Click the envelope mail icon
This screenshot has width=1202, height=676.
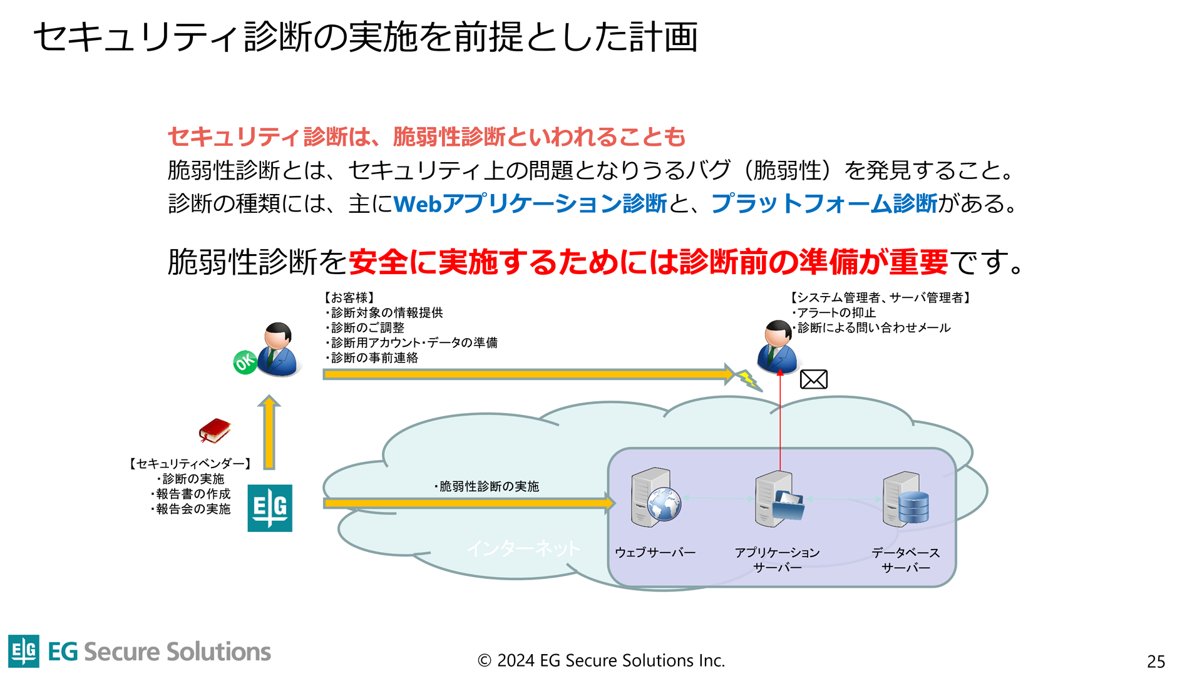813,379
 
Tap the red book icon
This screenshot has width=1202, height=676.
215,431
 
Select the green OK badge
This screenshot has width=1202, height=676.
245,362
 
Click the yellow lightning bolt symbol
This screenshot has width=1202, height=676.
747,379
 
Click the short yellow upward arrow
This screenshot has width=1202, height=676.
269,433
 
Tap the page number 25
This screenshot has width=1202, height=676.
1156,661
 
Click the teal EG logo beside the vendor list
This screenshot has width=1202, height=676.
270,508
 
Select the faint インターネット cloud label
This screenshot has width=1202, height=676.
523,549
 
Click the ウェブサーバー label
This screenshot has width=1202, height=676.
655,553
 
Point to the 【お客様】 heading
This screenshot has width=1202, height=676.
349,297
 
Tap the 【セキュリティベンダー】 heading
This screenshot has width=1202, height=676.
190,464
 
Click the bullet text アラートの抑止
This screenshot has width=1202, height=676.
836,312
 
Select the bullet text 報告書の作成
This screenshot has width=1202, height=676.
193,494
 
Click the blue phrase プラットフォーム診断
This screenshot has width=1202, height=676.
824,203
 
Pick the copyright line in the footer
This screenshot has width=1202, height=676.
601,660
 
